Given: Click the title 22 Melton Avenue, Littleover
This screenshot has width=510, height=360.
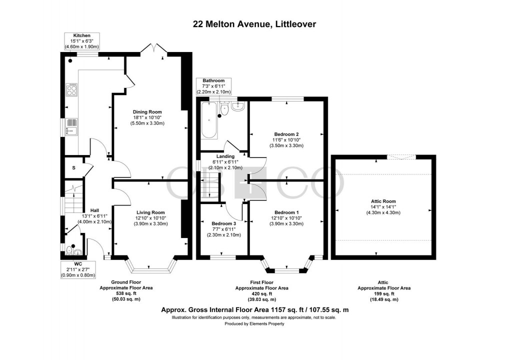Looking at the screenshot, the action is (254, 24).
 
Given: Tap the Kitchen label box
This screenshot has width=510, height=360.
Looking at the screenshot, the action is (81, 41).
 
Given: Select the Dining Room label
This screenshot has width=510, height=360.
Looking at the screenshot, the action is (147, 112).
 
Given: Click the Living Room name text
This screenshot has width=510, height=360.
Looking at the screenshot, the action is (150, 212).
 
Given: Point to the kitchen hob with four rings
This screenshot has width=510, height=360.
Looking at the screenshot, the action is (72, 90).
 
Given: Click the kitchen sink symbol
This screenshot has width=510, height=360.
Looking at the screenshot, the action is (71, 126).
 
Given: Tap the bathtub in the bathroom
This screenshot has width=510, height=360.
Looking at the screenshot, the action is (208, 120).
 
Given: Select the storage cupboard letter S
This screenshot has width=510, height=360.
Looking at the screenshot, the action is (74, 168).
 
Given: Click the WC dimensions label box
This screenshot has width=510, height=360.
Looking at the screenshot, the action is (78, 269).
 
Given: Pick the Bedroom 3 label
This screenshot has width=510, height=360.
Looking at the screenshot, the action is (224, 223).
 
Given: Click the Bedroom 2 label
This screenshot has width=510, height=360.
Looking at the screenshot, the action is (286, 134).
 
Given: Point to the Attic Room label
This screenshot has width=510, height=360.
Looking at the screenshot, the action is (383, 201).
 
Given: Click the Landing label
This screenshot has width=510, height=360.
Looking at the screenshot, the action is (225, 156).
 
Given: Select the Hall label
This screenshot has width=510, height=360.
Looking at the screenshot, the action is (94, 210).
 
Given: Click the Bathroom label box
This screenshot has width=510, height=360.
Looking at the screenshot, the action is (213, 86).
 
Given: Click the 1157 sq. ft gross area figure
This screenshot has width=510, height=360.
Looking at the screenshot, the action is (270, 310).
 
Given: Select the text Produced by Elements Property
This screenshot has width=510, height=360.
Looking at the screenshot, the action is (254, 324).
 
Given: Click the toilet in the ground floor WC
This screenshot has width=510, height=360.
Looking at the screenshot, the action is (69, 250).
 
